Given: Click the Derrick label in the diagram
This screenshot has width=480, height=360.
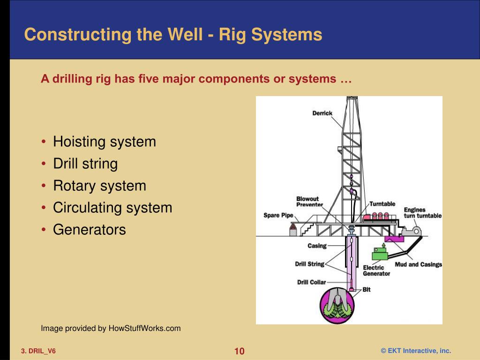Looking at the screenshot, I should point(322,113).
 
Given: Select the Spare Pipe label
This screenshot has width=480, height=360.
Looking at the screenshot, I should point(278,216).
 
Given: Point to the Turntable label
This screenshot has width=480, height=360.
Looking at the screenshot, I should point(382,204).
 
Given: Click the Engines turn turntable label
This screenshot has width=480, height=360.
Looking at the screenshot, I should point(422,213).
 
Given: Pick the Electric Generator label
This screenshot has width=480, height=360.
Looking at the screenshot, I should point(376,270).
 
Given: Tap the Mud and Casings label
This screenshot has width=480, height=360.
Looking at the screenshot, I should point(418,264).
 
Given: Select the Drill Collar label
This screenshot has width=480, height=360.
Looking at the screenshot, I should point(311,282).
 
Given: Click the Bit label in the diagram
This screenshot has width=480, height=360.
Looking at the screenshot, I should point(366,290).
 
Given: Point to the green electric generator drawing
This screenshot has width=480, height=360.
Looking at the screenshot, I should point(381,254).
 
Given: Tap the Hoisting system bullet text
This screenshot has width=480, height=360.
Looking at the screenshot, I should point(104,142).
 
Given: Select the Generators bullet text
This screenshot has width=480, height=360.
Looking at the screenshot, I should point(89,230).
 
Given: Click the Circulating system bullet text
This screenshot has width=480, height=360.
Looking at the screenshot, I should point(112,208).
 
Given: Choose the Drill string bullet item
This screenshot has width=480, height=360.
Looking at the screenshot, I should point(85,164).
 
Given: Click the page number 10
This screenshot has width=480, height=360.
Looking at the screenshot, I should point(240,352).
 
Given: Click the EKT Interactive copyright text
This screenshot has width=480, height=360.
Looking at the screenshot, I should point(415,351).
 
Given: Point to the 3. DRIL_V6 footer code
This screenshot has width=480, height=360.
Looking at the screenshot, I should point(38,351).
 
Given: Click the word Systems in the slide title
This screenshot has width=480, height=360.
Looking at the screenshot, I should point(290,34).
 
